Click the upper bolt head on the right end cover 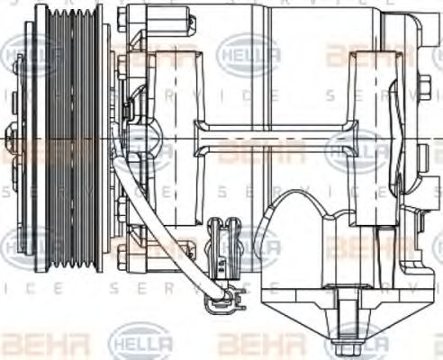point(424,89)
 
